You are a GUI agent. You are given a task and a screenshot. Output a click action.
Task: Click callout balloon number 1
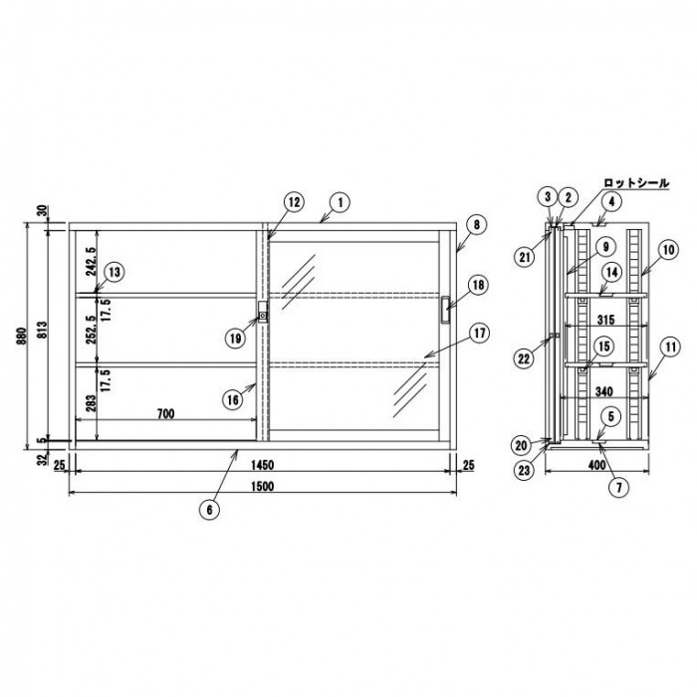point(339,202)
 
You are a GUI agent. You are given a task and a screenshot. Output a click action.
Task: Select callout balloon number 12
point(295,202)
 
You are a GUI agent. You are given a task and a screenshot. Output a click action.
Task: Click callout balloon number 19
point(234,338)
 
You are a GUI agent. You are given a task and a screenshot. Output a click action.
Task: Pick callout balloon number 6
point(209,509)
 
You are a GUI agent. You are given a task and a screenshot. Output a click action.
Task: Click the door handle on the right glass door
point(445,310)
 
